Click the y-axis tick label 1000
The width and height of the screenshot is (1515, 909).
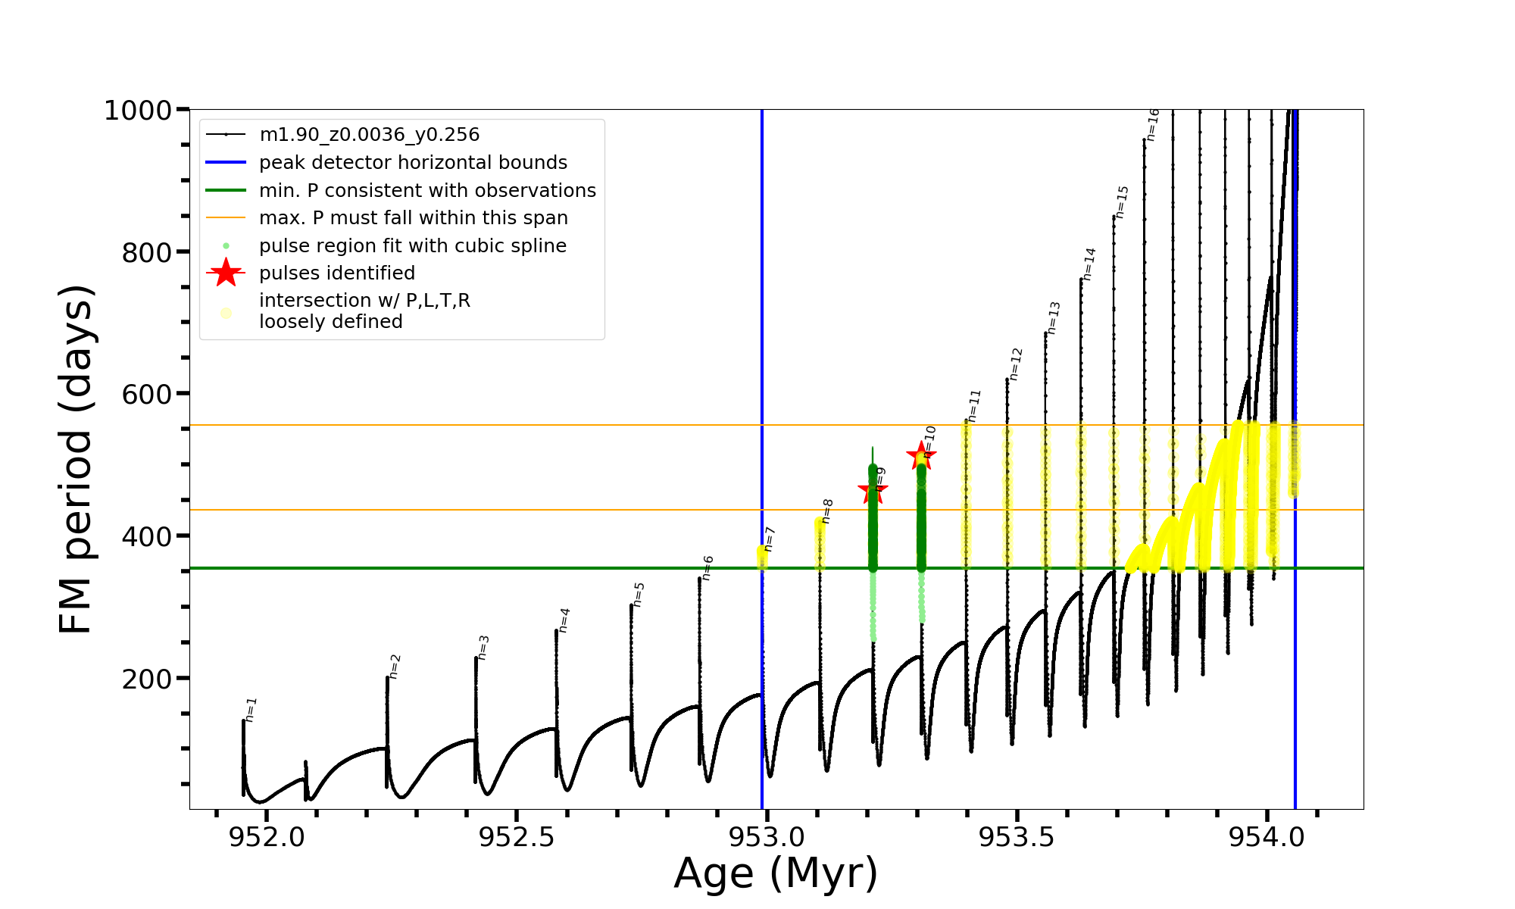click(x=138, y=111)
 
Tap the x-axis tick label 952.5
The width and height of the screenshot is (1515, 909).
click(x=517, y=837)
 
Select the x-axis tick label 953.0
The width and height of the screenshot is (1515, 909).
click(x=767, y=837)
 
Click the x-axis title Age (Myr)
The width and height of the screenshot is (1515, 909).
click(x=776, y=873)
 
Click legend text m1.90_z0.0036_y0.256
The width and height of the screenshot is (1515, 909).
click(x=369, y=135)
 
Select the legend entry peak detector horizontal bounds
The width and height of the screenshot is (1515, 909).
click(x=413, y=163)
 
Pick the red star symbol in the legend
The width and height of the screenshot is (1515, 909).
click(x=226, y=273)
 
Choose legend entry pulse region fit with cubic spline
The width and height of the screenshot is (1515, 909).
click(x=412, y=246)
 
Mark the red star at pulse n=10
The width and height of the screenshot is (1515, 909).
click(x=921, y=455)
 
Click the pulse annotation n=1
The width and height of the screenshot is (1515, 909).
click(x=251, y=710)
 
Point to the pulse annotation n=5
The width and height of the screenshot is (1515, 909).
click(x=639, y=594)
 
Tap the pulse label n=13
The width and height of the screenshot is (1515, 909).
click(x=1054, y=318)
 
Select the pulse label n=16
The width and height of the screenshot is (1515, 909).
click(x=1152, y=125)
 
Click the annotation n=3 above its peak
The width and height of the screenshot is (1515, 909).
click(x=484, y=647)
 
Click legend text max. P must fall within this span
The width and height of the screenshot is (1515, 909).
click(x=413, y=218)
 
